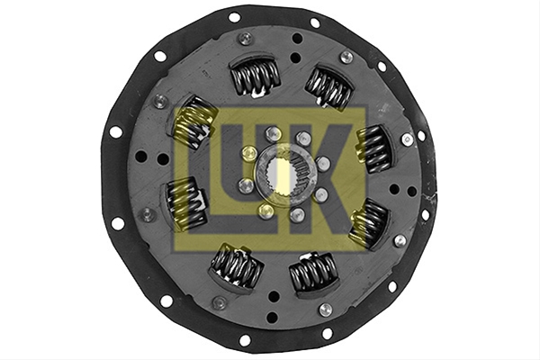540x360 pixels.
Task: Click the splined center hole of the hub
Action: pos(283,172)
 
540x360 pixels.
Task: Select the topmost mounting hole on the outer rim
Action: pos(234,17)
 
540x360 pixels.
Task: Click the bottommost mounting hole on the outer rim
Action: pos(245,340)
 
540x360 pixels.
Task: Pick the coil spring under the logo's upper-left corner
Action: pos(193,122)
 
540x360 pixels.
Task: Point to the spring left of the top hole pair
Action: pos(256,76)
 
